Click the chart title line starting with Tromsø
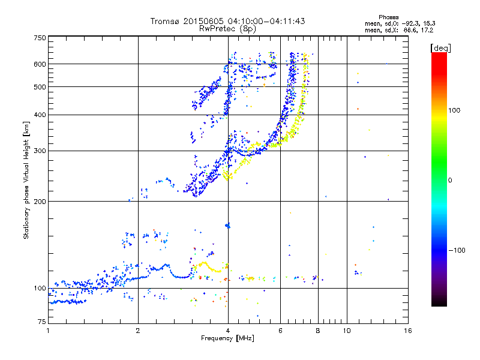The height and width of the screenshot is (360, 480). click(227, 21)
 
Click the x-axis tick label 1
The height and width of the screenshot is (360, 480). click(48, 331)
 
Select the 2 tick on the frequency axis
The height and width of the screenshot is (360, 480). click(138, 331)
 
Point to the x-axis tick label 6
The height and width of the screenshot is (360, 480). click(281, 331)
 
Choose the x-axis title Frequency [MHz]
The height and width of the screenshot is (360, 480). click(227, 338)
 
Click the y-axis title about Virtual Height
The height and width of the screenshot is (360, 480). click(26, 180)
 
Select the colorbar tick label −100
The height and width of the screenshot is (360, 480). click(460, 250)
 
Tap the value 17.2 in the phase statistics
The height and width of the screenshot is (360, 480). click(427, 29)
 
